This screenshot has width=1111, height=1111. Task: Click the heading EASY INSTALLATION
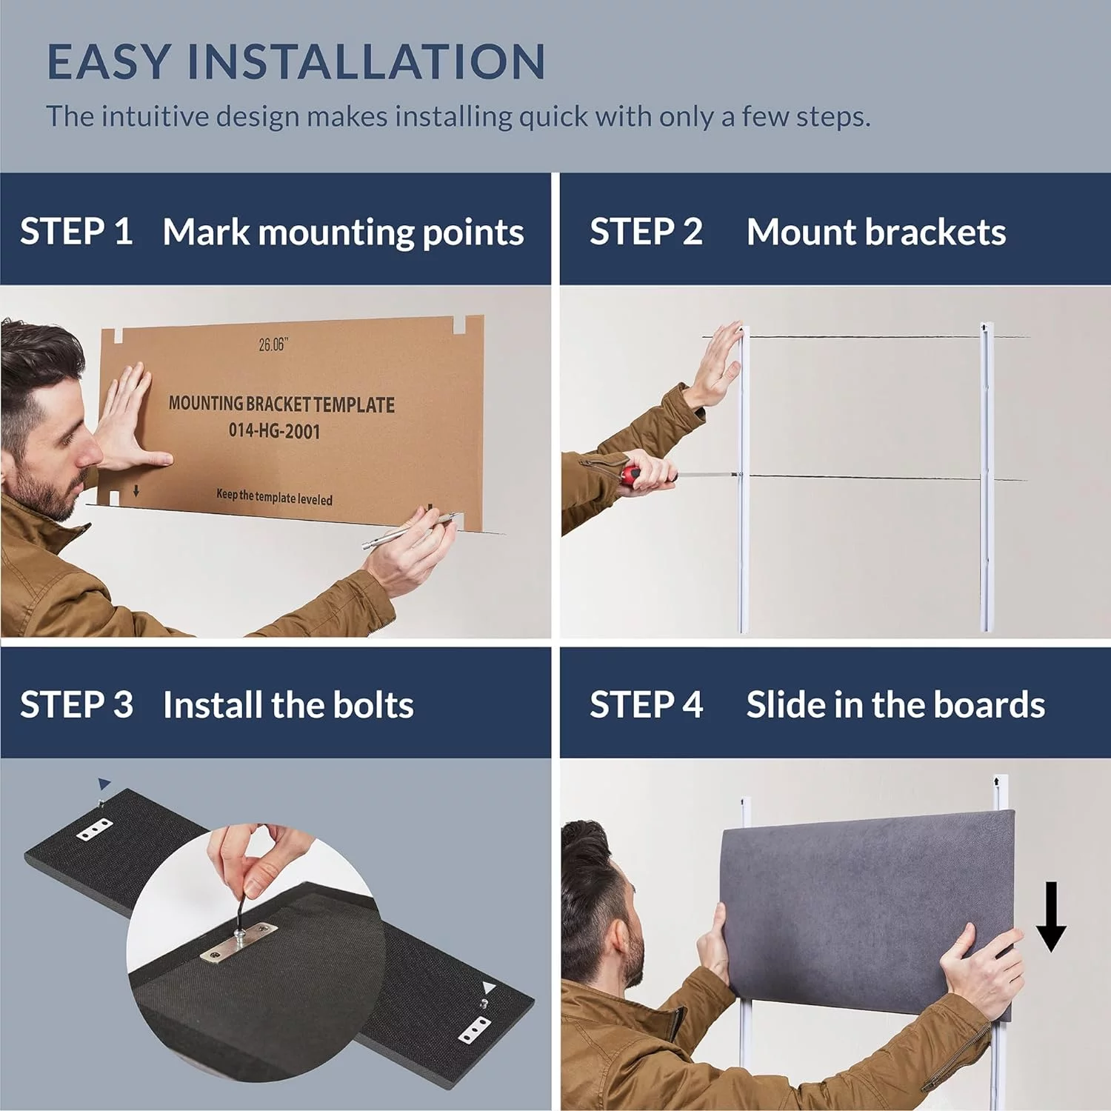coord(296,61)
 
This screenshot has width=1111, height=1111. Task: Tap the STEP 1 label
coord(76,232)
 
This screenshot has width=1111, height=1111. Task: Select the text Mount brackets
coord(876,232)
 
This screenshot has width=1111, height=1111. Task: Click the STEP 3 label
coord(76,704)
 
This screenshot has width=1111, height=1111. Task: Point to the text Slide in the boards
coord(895,704)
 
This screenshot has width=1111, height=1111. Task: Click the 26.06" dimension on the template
coord(273,344)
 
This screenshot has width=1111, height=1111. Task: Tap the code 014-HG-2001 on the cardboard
coord(274,430)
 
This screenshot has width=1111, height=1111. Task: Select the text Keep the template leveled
coord(274,497)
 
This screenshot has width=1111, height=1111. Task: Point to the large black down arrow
coord(1050,916)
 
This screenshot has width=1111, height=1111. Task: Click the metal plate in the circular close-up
coord(238,943)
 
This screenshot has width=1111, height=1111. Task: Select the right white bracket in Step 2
coord(986,478)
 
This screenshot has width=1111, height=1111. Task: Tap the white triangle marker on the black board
coord(487,987)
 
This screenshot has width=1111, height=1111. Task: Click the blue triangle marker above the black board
coord(104,784)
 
